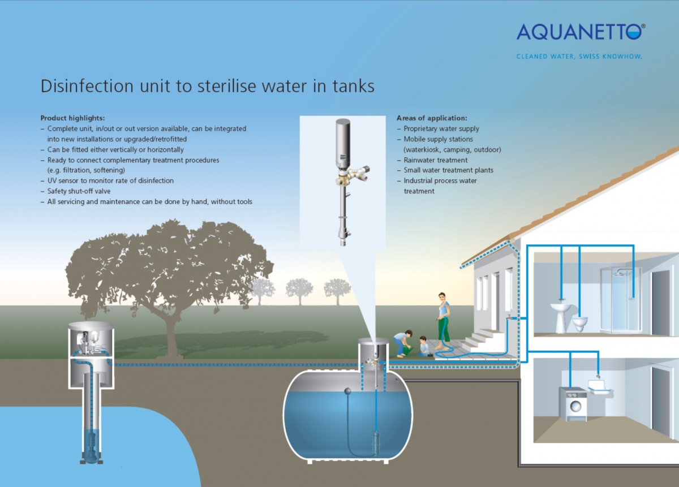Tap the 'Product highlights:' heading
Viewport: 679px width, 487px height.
pos(73,118)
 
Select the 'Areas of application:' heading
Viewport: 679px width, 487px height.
pos(432,118)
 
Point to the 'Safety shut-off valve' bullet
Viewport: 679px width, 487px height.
pos(79,191)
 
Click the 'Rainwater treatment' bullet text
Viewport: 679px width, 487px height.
pos(436,160)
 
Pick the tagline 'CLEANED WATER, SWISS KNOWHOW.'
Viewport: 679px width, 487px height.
pos(579,57)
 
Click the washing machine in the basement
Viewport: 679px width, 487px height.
pos(573,404)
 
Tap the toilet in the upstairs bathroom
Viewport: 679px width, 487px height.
pos(580,323)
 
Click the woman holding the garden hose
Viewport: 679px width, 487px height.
pos(444,321)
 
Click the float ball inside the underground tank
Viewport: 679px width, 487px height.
pos(347,391)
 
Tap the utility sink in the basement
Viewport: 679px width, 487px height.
pos(599,386)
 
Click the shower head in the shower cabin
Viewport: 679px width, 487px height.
pos(618,274)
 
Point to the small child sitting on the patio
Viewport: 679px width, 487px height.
pos(424,346)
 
